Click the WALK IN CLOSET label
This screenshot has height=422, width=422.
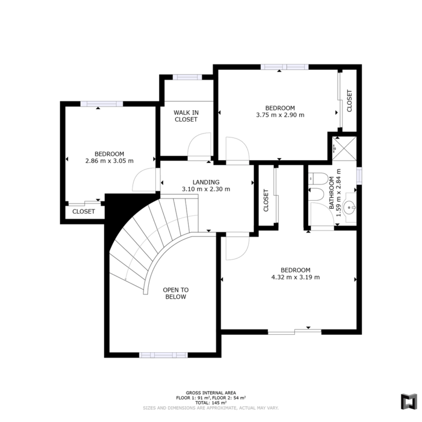(x=186, y=116)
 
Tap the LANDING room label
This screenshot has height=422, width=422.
(x=206, y=182)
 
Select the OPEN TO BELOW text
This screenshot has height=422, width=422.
(x=176, y=293)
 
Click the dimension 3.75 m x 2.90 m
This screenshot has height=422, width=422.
(x=280, y=115)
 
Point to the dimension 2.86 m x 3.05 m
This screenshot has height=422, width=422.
(x=109, y=161)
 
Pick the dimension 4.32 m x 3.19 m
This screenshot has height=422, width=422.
(x=295, y=277)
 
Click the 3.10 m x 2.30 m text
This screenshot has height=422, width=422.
(x=206, y=189)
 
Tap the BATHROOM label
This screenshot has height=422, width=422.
(x=332, y=193)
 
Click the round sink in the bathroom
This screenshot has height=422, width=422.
(x=351, y=207)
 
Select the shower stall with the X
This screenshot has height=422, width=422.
(x=344, y=149)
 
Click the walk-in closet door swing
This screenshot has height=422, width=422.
(x=199, y=145)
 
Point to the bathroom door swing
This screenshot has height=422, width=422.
(x=322, y=214)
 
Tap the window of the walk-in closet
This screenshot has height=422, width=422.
(x=187, y=77)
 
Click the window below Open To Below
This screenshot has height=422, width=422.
(x=163, y=355)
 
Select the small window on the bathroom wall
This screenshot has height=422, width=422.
(x=359, y=176)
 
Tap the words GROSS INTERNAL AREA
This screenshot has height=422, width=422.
(x=211, y=393)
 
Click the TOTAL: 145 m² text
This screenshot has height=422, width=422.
(x=211, y=403)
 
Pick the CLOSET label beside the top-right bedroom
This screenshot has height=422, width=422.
(x=350, y=101)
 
